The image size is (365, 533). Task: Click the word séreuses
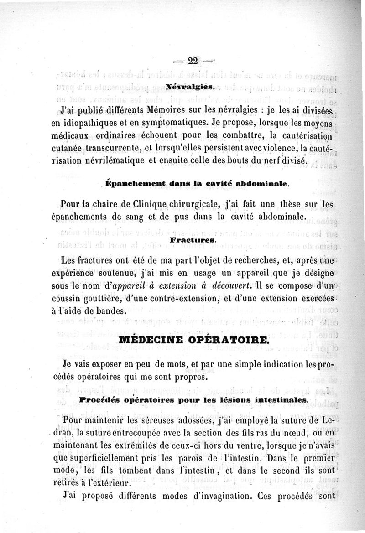point(169,419)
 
